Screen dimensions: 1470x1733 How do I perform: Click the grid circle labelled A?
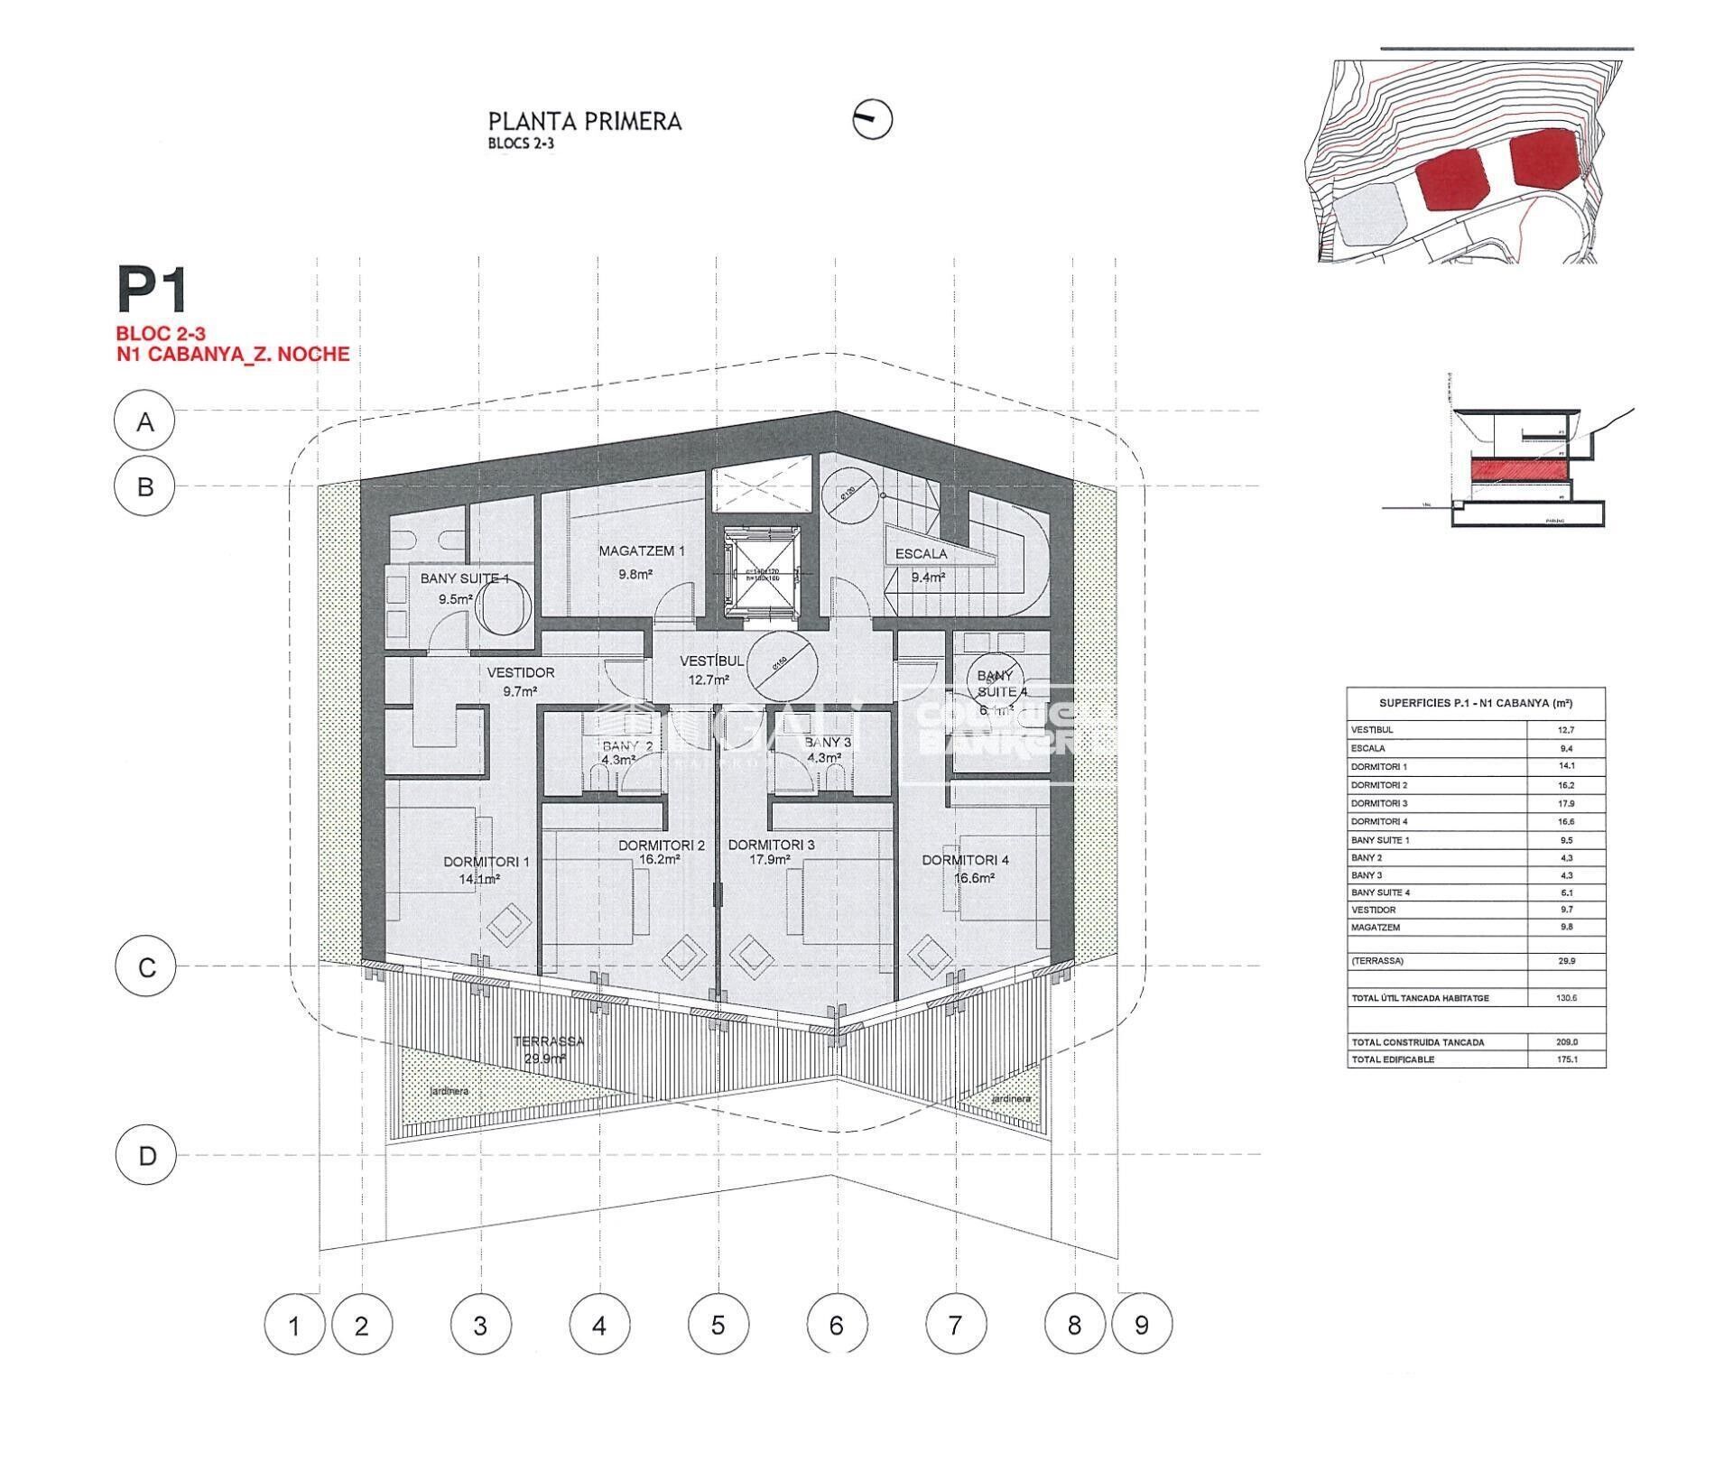tap(145, 421)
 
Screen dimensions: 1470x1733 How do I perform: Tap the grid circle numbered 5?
tap(718, 1326)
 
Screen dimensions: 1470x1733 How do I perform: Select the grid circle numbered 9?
tap(1142, 1326)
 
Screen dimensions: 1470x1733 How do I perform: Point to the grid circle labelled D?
tap(146, 1156)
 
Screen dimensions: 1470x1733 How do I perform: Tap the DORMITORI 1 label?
tap(486, 862)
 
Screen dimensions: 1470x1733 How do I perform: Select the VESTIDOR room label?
tap(521, 672)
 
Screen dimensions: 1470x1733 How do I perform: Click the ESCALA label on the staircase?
tap(921, 554)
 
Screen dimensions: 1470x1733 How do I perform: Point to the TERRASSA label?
tap(548, 1041)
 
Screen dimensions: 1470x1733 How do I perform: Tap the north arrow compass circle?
tap(872, 118)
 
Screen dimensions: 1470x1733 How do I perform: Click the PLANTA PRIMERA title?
tap(584, 122)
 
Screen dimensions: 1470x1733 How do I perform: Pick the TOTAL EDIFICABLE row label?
tap(1393, 1059)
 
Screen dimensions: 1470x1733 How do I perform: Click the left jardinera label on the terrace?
tap(449, 1091)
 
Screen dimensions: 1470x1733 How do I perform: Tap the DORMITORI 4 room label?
tap(965, 860)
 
